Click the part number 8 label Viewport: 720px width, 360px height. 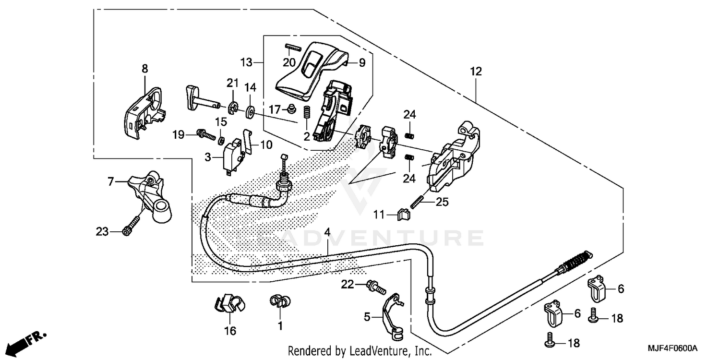pos(145,69)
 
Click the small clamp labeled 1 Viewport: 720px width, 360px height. pos(279,302)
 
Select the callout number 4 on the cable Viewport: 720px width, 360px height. pos(327,232)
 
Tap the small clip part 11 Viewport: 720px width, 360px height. pos(405,214)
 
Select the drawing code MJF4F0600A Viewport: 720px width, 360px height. pos(674,348)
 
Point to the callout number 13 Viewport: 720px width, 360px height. pos(246,62)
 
